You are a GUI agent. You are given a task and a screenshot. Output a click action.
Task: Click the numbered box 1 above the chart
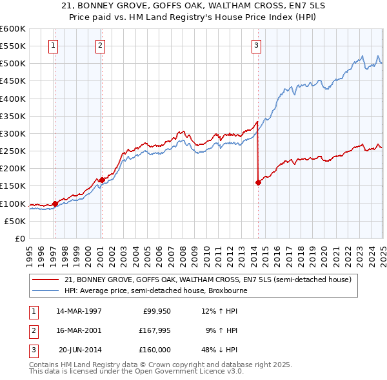click(52, 45)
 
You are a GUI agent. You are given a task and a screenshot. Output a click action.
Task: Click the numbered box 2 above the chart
click(101, 45)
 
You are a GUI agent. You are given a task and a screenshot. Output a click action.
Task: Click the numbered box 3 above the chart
click(256, 45)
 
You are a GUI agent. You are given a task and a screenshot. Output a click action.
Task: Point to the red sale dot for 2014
click(258, 182)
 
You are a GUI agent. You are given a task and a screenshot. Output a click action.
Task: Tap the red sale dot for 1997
click(55, 204)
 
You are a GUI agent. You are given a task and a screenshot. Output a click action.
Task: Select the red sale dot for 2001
click(102, 180)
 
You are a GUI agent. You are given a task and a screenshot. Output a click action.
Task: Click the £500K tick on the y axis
click(13, 64)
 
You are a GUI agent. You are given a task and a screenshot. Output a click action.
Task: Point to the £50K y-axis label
click(15, 221)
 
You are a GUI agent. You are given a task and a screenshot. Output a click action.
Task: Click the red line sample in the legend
click(46, 280)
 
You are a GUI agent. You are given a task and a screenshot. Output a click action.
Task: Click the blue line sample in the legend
click(46, 290)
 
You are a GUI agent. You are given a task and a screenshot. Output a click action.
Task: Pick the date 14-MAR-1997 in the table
click(79, 311)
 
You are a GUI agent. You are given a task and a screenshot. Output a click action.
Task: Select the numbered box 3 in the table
click(33, 350)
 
